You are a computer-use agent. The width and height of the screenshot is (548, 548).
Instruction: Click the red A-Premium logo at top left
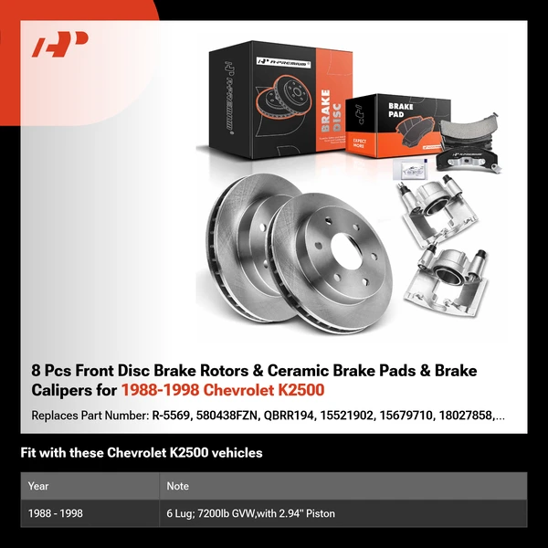click(60, 43)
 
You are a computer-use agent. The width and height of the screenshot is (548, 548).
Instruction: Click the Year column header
click(38, 486)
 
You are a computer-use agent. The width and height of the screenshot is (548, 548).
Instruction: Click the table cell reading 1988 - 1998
click(55, 513)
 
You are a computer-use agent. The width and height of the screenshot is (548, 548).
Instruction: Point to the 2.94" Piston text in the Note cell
click(306, 513)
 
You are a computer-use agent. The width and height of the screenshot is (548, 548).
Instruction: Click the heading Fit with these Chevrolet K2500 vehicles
click(142, 453)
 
